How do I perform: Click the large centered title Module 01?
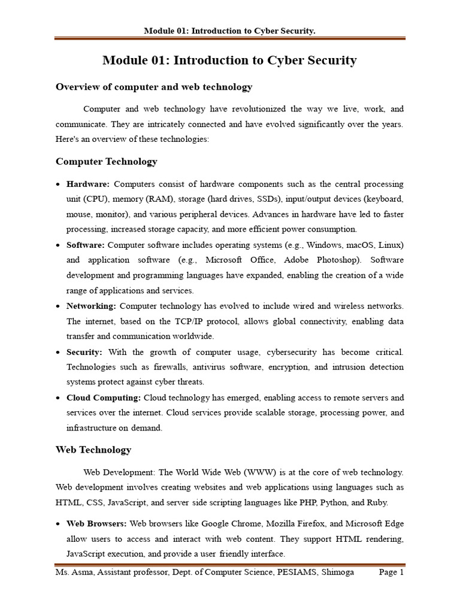point(229,60)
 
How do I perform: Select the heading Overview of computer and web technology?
point(154,87)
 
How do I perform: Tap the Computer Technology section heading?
point(107,162)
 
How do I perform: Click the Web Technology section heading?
point(93,450)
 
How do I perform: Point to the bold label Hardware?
point(88,184)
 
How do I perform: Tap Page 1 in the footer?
point(392,572)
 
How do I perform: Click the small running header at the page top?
point(229,31)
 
